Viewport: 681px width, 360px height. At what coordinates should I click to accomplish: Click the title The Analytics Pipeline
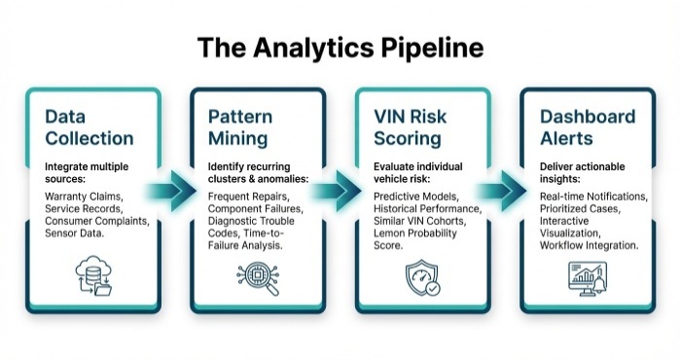[340, 47]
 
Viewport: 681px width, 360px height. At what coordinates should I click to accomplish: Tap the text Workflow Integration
[589, 247]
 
